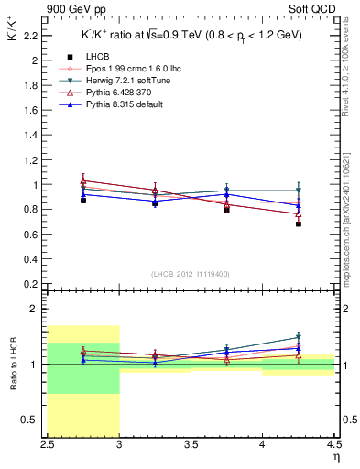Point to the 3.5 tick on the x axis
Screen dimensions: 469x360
pos(191,446)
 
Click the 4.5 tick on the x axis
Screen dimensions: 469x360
pos(333,446)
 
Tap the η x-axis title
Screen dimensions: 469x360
pos(335,457)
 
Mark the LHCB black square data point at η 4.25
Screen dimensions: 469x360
pos(298,249)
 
